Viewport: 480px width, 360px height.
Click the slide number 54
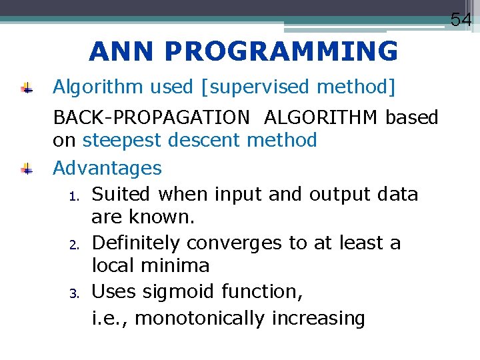(x=461, y=19)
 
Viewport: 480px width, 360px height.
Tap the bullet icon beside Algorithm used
(x=27, y=87)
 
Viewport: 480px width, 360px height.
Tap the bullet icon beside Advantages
(x=27, y=169)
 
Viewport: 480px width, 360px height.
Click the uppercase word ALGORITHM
(x=322, y=118)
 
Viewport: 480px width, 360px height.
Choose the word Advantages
(x=107, y=168)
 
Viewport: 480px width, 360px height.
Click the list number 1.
(x=75, y=196)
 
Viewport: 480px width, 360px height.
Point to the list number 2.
(x=75, y=244)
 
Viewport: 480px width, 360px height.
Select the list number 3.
(x=75, y=293)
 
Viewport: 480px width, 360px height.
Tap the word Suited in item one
(x=122, y=195)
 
